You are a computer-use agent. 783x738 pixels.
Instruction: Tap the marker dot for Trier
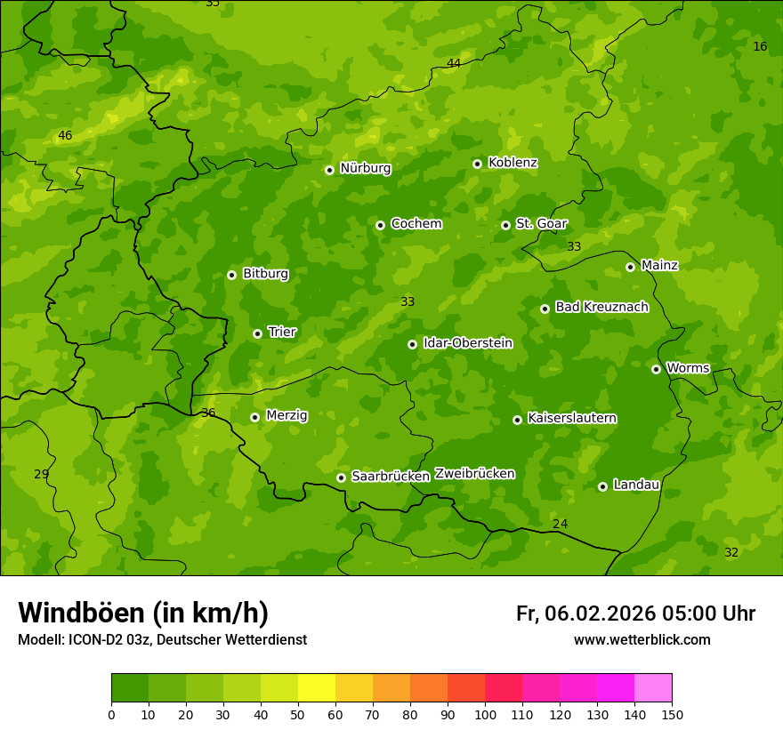pyautogui.click(x=257, y=333)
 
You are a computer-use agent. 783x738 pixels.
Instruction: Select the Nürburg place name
pyautogui.click(x=365, y=168)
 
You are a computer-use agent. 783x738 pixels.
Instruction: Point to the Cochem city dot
pyautogui.click(x=380, y=225)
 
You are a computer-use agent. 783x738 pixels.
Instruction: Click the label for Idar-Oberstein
pyautogui.click(x=467, y=343)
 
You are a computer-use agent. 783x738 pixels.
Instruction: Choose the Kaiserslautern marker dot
pyautogui.click(x=517, y=420)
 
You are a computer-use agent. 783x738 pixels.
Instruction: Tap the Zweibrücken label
pyautogui.click(x=474, y=474)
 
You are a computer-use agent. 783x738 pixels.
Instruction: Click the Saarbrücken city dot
pyautogui.click(x=341, y=477)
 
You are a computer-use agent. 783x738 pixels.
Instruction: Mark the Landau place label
pyautogui.click(x=636, y=485)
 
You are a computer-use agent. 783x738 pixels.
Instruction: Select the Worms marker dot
pyautogui.click(x=656, y=369)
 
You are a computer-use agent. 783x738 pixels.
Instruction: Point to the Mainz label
pyautogui.click(x=659, y=265)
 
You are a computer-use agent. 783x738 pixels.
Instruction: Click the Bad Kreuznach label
pyautogui.click(x=601, y=308)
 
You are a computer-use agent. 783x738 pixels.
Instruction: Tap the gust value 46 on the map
pyautogui.click(x=65, y=136)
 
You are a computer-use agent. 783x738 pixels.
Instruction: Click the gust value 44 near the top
pyautogui.click(x=454, y=63)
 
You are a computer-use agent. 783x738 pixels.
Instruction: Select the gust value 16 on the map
pyautogui.click(x=760, y=46)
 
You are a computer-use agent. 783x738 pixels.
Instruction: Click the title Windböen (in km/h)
pyautogui.click(x=143, y=613)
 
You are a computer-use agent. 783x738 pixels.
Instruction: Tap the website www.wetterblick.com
pyautogui.click(x=642, y=640)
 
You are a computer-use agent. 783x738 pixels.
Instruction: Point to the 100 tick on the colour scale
pyautogui.click(x=485, y=714)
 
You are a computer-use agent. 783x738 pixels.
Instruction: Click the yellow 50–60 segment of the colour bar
pyautogui.click(x=317, y=688)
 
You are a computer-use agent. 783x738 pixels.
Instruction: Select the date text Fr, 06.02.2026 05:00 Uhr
pyautogui.click(x=635, y=614)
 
